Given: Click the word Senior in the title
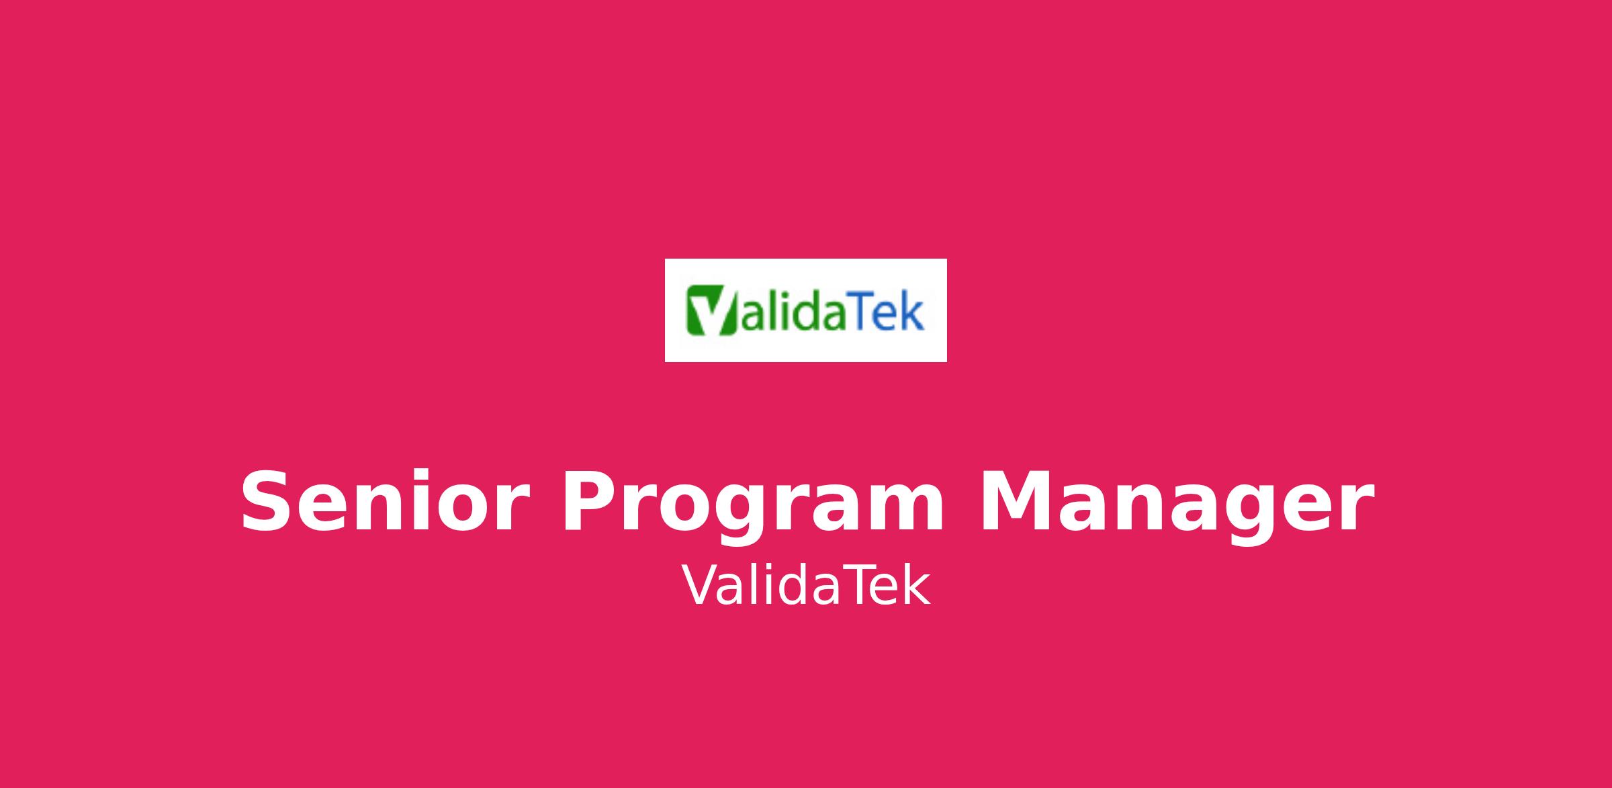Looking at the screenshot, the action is [382, 502].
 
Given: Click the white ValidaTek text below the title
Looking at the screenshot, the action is [806, 586].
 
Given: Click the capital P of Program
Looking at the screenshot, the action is [590, 502].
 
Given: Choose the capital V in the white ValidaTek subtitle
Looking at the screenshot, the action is [701, 585].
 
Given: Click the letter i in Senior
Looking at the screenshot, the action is [409, 501].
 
